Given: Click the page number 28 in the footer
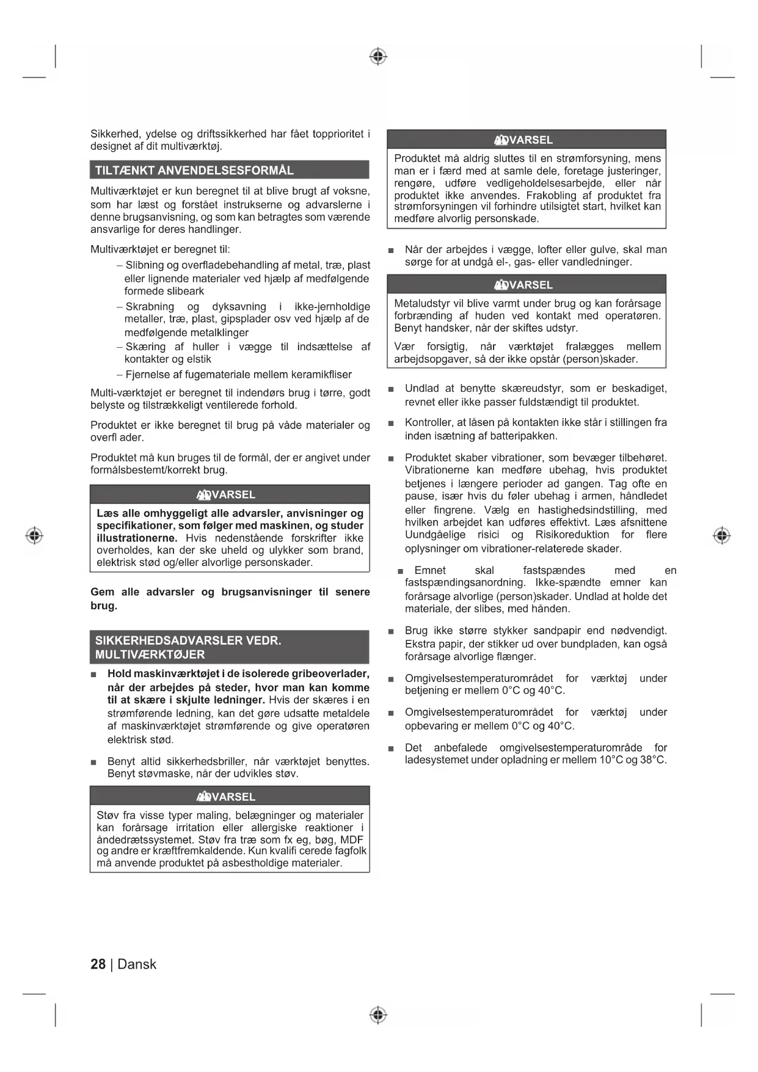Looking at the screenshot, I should click(98, 964).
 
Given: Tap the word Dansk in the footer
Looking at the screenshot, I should click(137, 964).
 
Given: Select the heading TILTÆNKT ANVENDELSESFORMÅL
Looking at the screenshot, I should click(194, 170).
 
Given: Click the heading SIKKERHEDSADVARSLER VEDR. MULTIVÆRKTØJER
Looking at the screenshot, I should click(188, 647).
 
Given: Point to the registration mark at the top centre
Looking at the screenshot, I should click(378, 56).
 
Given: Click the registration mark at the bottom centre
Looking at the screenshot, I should click(378, 1015).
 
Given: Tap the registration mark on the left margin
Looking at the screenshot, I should click(34, 535).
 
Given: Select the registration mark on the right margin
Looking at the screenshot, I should click(721, 535).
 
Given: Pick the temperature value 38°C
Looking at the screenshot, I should click(652, 760).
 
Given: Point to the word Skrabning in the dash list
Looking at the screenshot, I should click(150, 306).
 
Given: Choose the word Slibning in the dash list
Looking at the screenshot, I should click(145, 265).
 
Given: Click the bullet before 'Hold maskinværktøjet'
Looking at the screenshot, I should click(94, 675).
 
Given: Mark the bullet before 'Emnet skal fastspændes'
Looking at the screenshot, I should click(400, 571).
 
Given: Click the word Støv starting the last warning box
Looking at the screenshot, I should click(108, 815).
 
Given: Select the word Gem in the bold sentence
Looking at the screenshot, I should click(102, 592).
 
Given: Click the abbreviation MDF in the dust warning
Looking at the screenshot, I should click(352, 839).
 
